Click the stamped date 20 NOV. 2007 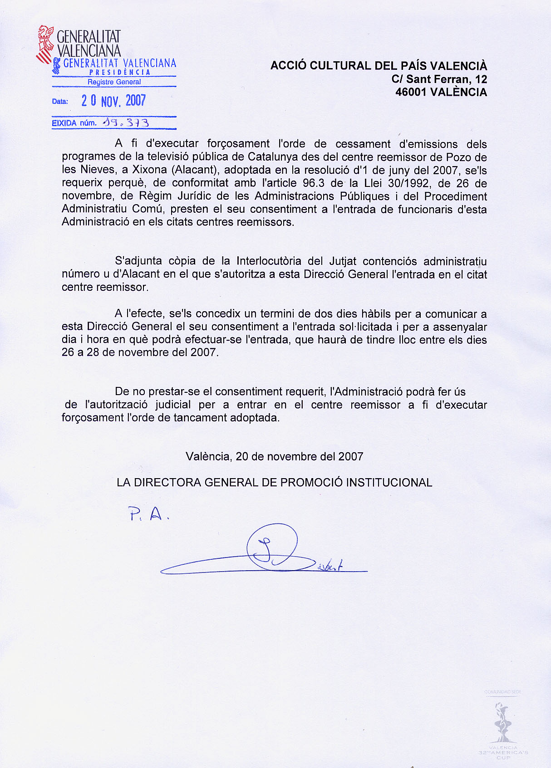(x=113, y=101)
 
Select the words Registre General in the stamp (x=114, y=82)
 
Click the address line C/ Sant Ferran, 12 (x=439, y=79)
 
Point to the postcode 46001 (x=411, y=92)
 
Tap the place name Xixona (x=149, y=170)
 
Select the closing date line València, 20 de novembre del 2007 (x=274, y=457)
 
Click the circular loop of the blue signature (x=272, y=547)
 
